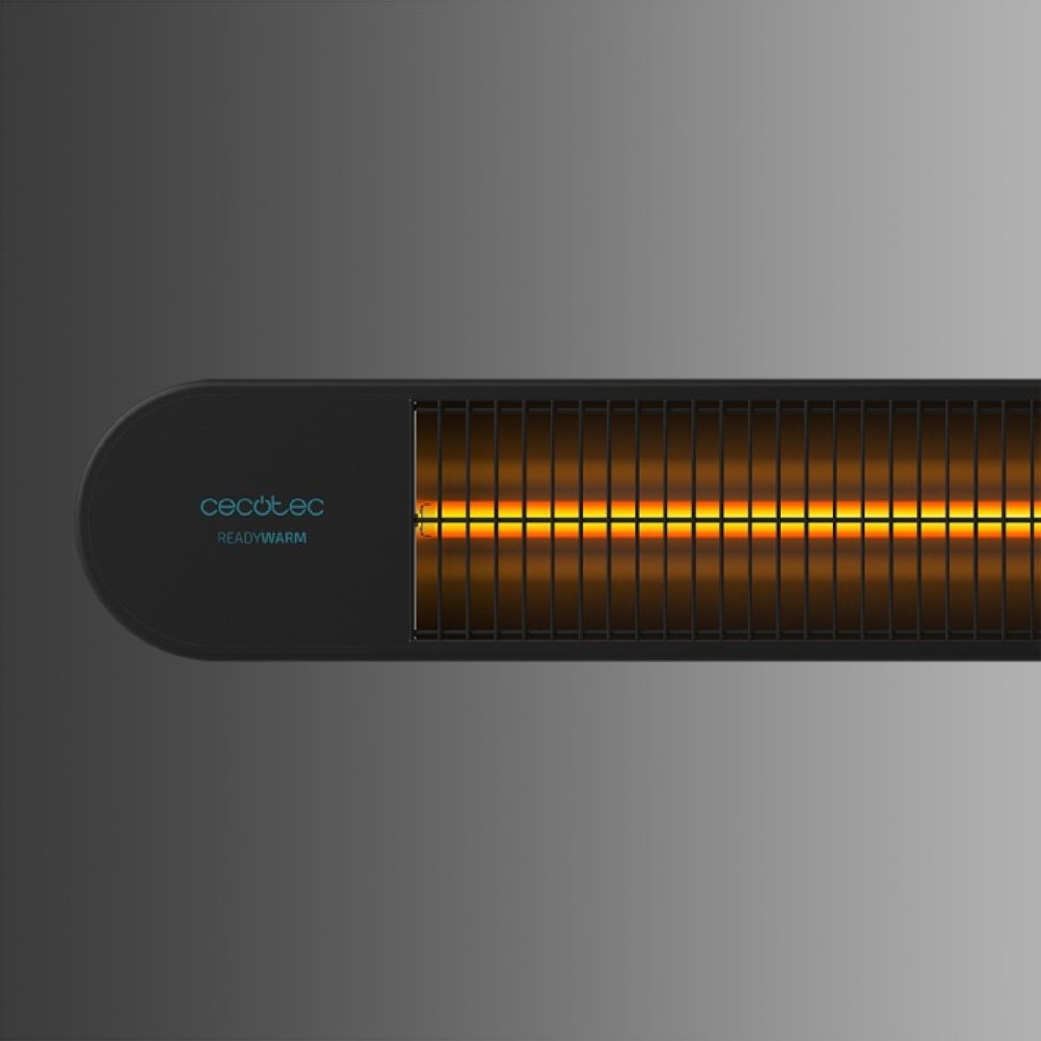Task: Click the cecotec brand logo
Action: tap(262, 506)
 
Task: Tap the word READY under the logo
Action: tap(239, 539)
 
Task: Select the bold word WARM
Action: tap(284, 539)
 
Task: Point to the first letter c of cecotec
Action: tap(209, 508)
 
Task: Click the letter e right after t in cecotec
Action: tap(297, 508)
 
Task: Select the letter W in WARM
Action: tap(268, 539)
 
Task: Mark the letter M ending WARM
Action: tap(301, 539)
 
